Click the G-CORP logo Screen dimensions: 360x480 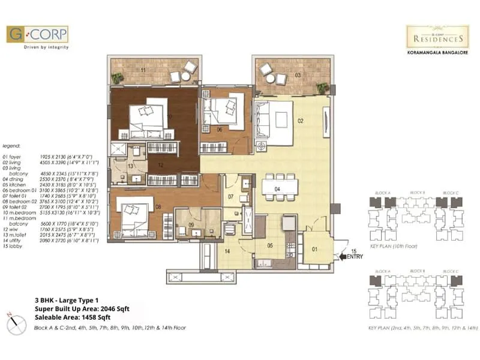[37, 34]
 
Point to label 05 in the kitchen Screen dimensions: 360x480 [269, 245]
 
